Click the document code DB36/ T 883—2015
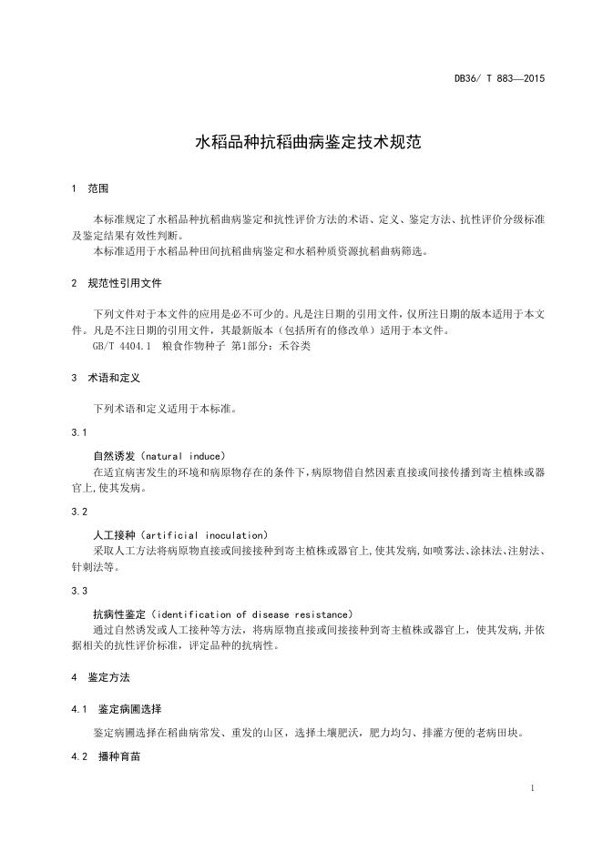(500, 78)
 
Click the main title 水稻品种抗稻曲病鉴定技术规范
(301, 143)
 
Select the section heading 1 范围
(90, 188)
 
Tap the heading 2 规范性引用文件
(116, 283)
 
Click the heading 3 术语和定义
(104, 377)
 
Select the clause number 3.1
(78, 431)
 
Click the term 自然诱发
(114, 455)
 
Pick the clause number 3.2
(78, 512)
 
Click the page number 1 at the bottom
(531, 788)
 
